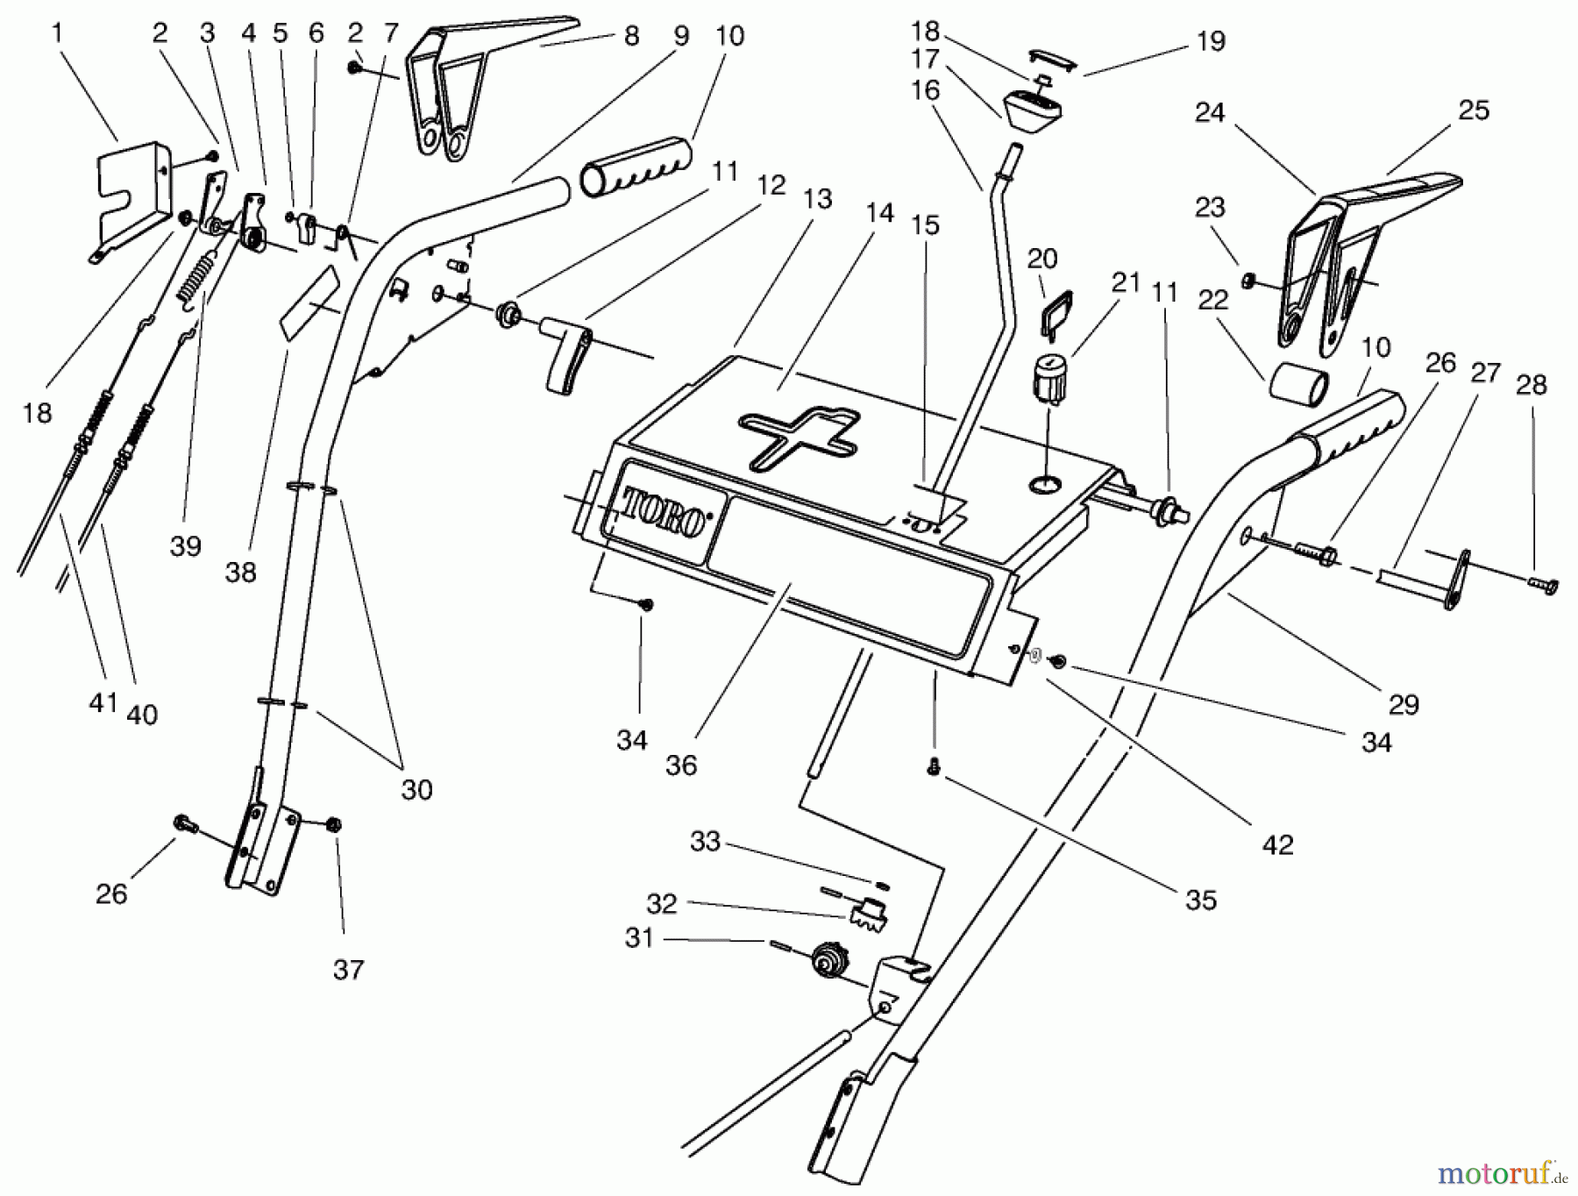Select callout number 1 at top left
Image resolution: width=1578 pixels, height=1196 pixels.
[x=58, y=34]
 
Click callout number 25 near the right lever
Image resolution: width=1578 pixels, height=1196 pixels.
[x=1473, y=110]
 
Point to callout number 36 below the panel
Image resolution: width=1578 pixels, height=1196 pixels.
[x=680, y=765]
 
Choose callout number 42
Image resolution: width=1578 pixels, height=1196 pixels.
[x=1277, y=844]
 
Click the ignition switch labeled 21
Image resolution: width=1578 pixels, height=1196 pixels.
[x=1049, y=379]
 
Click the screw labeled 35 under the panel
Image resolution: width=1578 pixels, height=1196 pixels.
[x=934, y=767]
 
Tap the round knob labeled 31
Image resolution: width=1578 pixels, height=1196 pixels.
[x=828, y=961]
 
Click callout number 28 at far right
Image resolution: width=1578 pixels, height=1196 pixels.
[x=1531, y=385]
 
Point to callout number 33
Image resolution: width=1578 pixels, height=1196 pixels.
[x=705, y=842]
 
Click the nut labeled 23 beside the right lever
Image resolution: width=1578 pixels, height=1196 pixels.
[x=1247, y=281]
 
